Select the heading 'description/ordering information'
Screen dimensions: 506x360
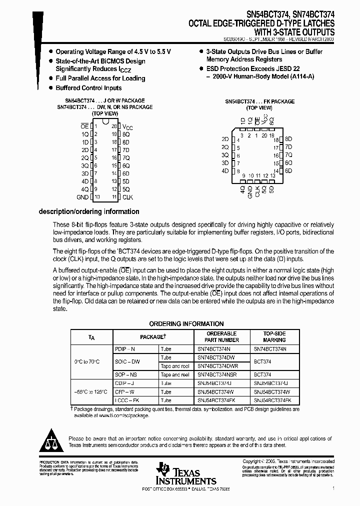click(x=89, y=211)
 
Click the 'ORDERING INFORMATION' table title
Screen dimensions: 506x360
click(x=186, y=324)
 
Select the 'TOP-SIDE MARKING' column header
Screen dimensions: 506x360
click(x=274, y=336)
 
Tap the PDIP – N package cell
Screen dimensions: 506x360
click(x=125, y=348)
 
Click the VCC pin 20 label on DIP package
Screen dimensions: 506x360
click(x=127, y=127)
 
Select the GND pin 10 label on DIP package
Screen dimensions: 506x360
click(x=82, y=197)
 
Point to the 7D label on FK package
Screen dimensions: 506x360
click(x=288, y=147)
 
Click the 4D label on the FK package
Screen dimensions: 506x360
click(x=225, y=171)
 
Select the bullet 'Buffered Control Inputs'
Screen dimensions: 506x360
click(x=88, y=88)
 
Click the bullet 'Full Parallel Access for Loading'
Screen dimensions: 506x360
click(x=100, y=78)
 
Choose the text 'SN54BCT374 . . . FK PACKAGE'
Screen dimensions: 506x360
click(x=259, y=101)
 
